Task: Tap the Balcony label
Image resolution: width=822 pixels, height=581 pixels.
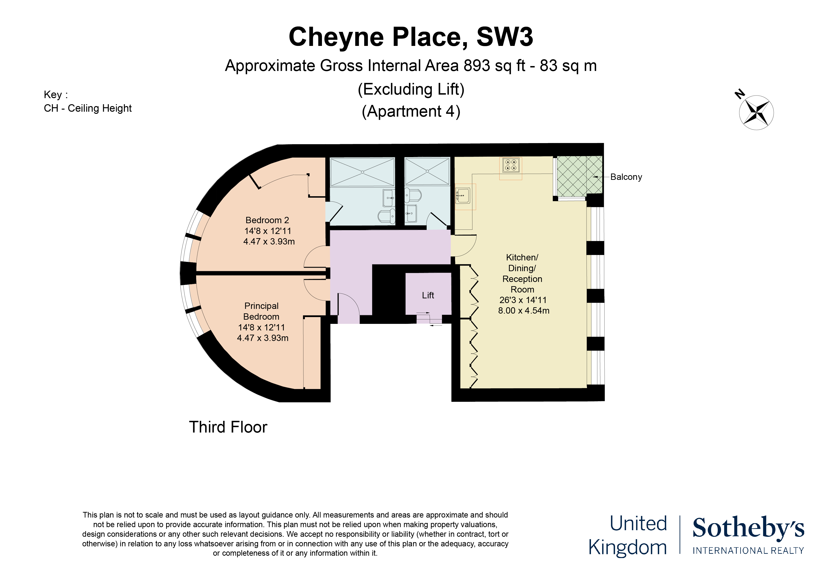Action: [x=626, y=177]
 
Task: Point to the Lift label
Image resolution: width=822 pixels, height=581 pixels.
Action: [x=428, y=295]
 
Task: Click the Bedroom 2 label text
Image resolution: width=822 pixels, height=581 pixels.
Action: [x=267, y=220]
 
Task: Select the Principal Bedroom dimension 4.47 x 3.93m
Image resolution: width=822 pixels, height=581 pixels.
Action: [x=262, y=338]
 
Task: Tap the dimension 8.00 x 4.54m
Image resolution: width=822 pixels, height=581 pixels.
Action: [x=524, y=311]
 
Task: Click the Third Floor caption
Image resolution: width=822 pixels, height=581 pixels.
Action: [x=228, y=427]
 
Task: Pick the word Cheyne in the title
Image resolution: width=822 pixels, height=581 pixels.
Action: [x=336, y=37]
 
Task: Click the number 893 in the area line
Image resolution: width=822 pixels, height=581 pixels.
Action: [x=477, y=66]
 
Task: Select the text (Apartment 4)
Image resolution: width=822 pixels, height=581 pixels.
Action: [x=411, y=111]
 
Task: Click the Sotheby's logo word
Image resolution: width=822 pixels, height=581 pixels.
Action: [x=748, y=528]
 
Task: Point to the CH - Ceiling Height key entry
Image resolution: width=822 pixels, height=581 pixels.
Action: [x=88, y=108]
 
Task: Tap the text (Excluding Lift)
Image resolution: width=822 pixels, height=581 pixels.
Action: [x=411, y=89]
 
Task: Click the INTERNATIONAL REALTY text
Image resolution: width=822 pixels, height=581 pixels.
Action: [x=748, y=551]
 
